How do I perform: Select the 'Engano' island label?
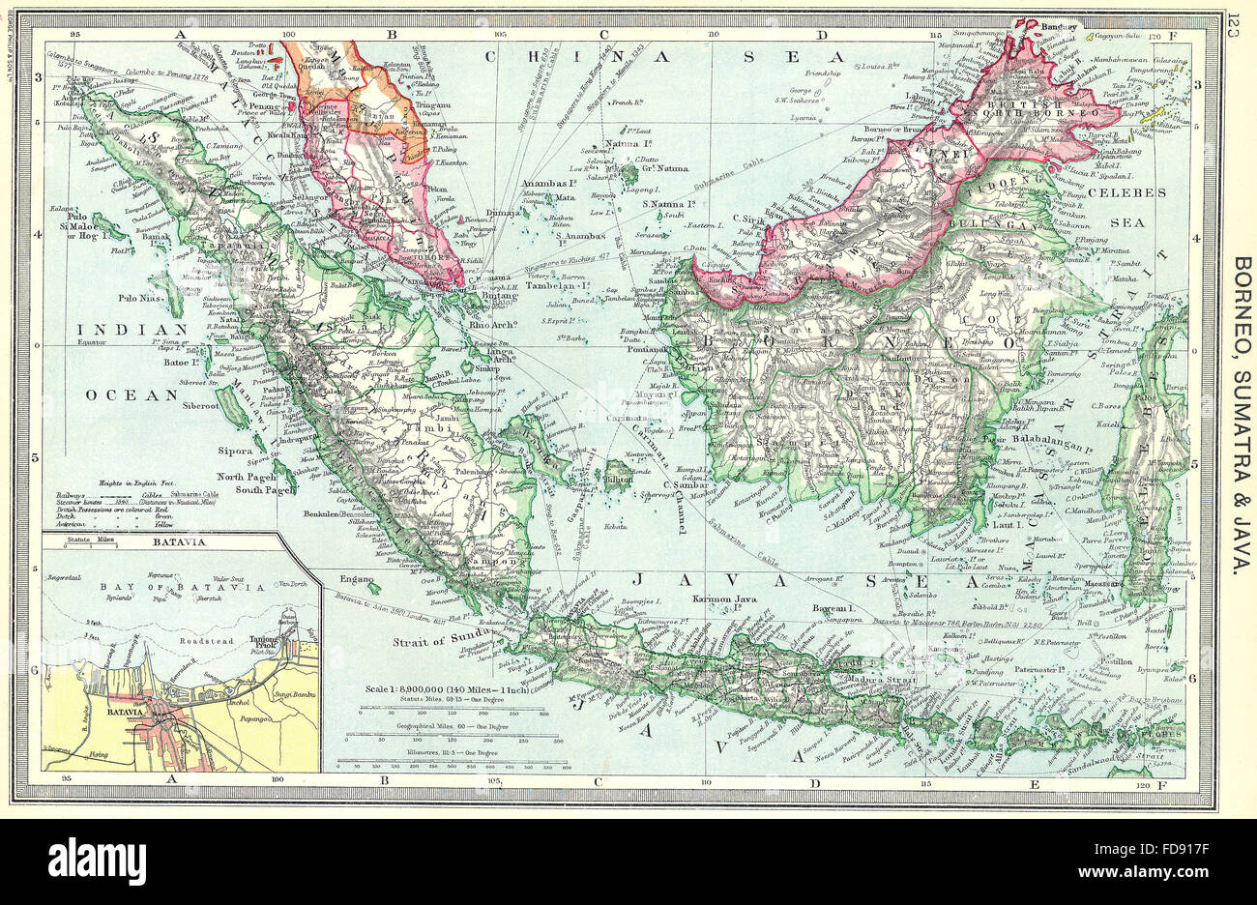click(356, 578)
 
